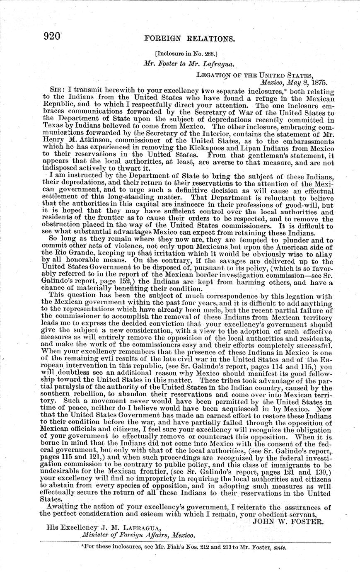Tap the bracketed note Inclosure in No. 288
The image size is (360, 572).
[x=183, y=53]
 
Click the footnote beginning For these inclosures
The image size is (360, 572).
[x=185, y=547]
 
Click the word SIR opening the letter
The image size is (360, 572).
[x=56, y=90]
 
